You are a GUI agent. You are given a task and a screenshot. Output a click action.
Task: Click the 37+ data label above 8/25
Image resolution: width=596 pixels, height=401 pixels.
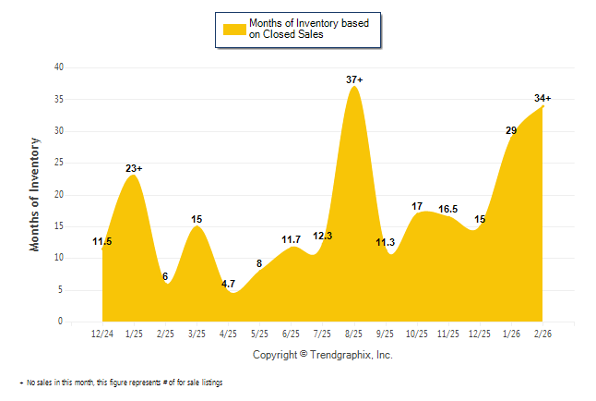coord(354,80)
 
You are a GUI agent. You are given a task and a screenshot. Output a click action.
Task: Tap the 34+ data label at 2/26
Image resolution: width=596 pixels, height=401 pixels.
coord(542,98)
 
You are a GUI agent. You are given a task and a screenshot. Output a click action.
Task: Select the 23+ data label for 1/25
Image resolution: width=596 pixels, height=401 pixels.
coord(134,168)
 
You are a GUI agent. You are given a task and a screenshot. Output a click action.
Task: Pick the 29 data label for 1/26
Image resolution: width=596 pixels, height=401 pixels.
coord(511,130)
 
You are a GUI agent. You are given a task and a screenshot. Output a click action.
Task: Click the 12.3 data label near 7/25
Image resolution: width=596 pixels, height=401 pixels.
coord(323,237)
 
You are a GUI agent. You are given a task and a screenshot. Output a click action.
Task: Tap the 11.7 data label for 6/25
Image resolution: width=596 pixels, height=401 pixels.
coord(292,239)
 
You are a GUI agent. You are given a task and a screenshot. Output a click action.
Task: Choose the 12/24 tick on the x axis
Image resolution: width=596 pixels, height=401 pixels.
coord(101,332)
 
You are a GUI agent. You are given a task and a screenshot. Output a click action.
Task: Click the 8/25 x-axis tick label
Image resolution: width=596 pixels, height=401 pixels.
coord(354,332)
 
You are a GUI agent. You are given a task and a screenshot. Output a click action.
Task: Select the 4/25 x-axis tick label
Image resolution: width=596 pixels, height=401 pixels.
coord(228,332)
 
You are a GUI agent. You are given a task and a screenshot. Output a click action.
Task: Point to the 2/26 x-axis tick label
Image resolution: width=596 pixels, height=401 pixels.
coord(543,332)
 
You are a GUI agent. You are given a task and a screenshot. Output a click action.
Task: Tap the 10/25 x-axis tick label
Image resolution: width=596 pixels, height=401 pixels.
coord(417,332)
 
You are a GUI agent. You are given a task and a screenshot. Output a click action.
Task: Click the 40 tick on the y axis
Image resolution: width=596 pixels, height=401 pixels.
coord(58,67)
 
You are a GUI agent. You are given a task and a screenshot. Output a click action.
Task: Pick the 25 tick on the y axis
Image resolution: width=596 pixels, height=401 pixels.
coord(58,163)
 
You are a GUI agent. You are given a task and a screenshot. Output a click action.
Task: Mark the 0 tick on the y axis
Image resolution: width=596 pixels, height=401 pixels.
coord(61,322)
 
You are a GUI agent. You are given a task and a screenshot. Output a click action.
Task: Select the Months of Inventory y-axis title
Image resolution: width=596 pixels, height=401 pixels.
coord(35,194)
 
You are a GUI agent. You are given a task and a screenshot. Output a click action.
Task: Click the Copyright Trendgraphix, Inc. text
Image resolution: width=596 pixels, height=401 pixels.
coord(323,355)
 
